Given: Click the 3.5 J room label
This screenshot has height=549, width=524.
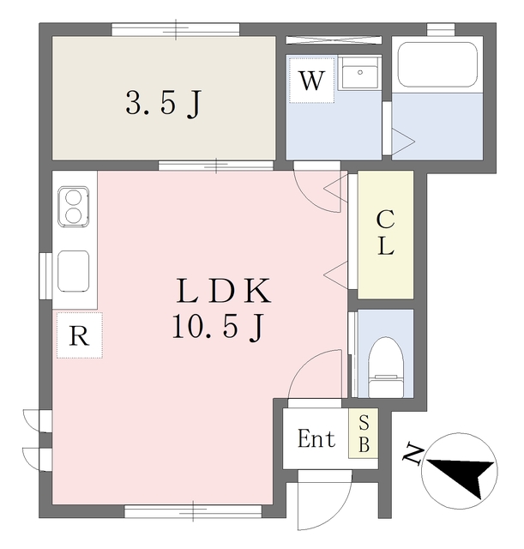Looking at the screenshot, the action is (163, 104).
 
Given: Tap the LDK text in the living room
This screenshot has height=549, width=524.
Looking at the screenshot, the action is (223, 291).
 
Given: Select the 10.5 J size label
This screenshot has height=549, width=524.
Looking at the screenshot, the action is (217, 326).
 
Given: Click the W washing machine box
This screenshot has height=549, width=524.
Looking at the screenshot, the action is (311, 81).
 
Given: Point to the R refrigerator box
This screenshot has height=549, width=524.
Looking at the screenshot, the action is (80, 335).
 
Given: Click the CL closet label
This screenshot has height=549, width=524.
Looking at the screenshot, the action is (385, 232).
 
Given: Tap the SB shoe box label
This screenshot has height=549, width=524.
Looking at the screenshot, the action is (364, 433).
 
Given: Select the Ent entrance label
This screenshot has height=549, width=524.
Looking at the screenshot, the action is (316, 438).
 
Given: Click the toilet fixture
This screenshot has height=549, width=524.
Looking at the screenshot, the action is (386, 367).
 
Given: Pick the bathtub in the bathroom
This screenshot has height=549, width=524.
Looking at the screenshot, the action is (437, 65).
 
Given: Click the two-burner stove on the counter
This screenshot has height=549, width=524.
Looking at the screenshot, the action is (74, 206).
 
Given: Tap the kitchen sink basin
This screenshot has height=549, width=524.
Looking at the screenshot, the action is (73, 271).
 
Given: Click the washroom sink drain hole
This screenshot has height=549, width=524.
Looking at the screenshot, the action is (360, 72).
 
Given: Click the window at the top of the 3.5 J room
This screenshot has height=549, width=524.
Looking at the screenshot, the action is (176, 29).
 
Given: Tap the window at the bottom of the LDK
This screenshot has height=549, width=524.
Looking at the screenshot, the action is (193, 511).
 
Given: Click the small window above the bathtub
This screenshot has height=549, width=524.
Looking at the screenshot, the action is (441, 29).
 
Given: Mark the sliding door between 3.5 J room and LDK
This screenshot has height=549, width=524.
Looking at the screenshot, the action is (215, 166).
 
